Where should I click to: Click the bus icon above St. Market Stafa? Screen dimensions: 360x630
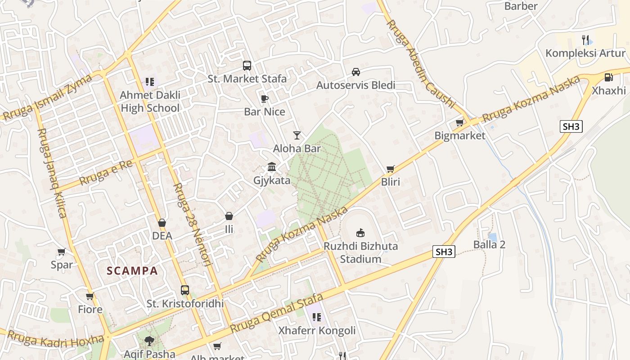click(x=247, y=66)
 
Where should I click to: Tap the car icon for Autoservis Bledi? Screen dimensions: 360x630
click(x=356, y=72)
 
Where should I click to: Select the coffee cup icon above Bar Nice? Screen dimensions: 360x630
click(x=264, y=99)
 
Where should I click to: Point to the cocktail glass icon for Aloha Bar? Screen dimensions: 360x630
click(x=297, y=135)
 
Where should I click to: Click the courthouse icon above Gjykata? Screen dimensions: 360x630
click(x=272, y=167)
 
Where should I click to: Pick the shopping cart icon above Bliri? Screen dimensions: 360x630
click(x=390, y=169)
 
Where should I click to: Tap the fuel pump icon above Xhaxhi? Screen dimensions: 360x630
click(x=608, y=77)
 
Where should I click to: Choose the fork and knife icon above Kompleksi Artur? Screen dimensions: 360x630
click(x=585, y=40)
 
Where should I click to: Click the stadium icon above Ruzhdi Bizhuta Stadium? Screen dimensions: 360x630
click(x=360, y=233)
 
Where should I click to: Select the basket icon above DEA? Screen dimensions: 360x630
click(x=162, y=223)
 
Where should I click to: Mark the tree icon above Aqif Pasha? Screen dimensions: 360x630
click(x=149, y=341)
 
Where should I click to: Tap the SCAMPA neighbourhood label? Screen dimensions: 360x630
click(x=132, y=271)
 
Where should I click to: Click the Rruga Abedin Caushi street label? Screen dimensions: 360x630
click(x=421, y=63)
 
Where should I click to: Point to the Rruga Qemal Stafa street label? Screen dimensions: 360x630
click(x=276, y=314)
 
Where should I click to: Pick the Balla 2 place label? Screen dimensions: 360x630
click(x=489, y=245)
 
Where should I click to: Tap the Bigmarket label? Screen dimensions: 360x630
click(x=460, y=135)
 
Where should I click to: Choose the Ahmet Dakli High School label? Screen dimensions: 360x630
click(x=150, y=102)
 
